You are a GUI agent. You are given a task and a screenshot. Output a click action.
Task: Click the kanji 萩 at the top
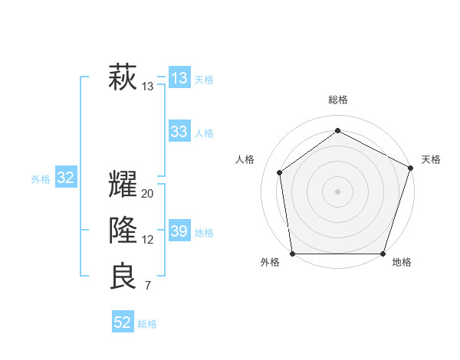123,78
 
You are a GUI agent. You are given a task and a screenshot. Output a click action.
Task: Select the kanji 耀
123,185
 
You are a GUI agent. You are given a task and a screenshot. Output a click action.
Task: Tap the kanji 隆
123,231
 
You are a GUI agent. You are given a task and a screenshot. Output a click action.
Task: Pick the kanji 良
123,277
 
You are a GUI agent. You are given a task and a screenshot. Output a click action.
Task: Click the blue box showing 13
179,78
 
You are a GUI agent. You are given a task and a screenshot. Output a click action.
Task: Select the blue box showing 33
179,132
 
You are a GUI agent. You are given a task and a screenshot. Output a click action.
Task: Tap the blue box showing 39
179,231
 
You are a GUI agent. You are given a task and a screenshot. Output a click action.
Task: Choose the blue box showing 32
66,178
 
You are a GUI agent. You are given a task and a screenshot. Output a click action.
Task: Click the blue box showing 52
123,322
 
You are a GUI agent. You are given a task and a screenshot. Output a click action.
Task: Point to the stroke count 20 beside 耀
148,194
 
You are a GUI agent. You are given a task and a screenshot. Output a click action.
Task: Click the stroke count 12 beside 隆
148,240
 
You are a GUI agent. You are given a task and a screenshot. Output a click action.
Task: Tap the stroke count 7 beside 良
148,286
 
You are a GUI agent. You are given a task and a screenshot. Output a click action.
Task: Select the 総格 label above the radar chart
337,100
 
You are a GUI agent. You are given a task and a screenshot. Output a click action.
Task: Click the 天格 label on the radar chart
431,159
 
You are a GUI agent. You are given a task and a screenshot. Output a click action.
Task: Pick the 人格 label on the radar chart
245,159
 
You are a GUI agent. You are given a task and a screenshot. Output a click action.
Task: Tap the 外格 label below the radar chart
270,262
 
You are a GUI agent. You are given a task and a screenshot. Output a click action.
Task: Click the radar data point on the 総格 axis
337,131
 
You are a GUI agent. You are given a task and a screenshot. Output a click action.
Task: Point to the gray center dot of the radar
337,191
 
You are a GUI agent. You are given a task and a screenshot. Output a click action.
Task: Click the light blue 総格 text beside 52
147,323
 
